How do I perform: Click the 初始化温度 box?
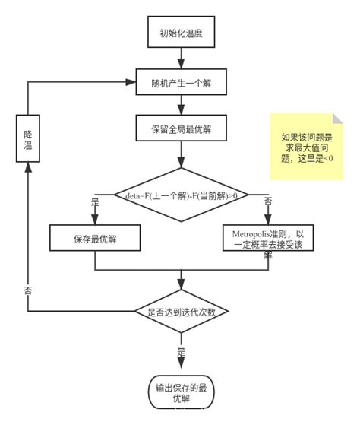pyautogui.click(x=181, y=33)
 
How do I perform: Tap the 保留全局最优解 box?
pyautogui.click(x=181, y=128)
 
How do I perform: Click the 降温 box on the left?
pyautogui.click(x=27, y=138)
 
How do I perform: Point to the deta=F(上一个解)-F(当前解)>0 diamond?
pyautogui.click(x=181, y=195)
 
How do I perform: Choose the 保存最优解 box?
pyautogui.click(x=95, y=238)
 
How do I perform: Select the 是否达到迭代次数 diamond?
pyautogui.click(x=181, y=311)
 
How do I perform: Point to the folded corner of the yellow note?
pyautogui.click(x=337, y=119)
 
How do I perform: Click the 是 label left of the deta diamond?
pyautogui.click(x=95, y=203)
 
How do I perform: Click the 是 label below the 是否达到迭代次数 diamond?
pyautogui.click(x=181, y=352)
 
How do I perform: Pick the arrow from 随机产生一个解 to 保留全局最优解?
pyautogui.click(x=181, y=105)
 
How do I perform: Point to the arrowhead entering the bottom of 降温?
pyautogui.click(x=28, y=168)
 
